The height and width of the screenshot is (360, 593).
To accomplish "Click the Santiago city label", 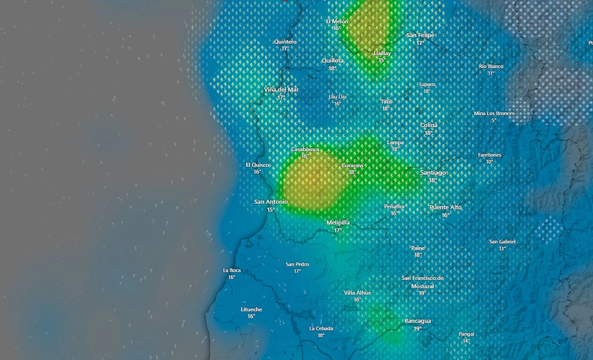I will click(x=433, y=173).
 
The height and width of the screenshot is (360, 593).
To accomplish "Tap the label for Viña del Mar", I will click(x=281, y=90).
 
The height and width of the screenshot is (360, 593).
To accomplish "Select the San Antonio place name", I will click(x=271, y=202).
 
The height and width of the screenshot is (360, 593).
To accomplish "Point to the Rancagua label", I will click(x=417, y=321).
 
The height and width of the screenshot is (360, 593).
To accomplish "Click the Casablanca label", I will click(x=305, y=149).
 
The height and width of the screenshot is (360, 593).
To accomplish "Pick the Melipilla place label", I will click(x=338, y=222).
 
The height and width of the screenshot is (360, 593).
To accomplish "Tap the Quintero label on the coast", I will click(x=285, y=42).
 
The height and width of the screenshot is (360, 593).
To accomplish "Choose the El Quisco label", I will click(x=257, y=165).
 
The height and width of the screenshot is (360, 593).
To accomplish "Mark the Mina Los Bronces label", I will click(x=494, y=114).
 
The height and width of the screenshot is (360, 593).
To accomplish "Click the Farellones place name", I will click(x=489, y=155).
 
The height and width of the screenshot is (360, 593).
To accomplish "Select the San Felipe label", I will click(x=420, y=35).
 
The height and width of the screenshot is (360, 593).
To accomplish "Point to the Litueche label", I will click(x=251, y=309).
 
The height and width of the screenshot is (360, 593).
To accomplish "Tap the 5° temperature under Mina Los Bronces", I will click(x=494, y=121).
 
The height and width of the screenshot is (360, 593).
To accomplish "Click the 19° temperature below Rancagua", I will click(x=417, y=329).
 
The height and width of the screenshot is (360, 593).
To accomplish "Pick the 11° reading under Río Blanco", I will click(x=491, y=73).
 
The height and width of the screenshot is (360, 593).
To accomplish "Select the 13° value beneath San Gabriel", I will click(x=502, y=249).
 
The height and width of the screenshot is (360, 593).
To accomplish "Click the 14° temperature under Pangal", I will click(x=466, y=341).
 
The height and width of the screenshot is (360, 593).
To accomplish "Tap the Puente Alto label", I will click(x=446, y=207).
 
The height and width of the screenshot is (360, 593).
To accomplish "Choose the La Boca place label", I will click(x=232, y=270).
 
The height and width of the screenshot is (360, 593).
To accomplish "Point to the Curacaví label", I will click(x=352, y=166).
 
